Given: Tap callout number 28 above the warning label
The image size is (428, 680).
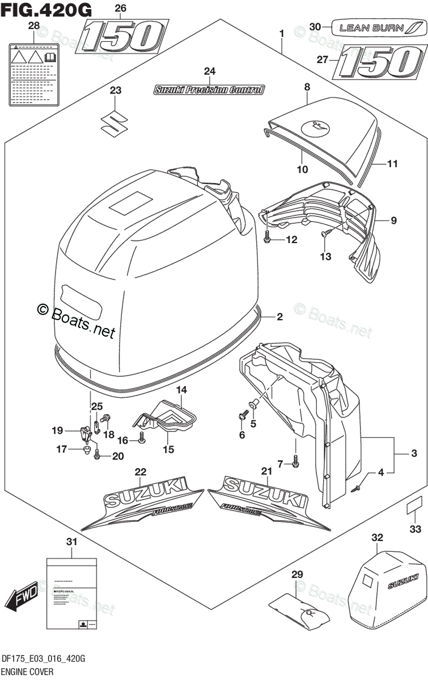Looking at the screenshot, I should (33, 26).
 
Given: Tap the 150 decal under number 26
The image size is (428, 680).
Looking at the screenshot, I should (123, 37).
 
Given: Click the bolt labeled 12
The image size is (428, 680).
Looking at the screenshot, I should (267, 240).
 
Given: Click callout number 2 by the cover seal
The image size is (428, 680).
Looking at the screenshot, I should (279, 317).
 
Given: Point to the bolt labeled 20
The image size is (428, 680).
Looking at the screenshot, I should (97, 455).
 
